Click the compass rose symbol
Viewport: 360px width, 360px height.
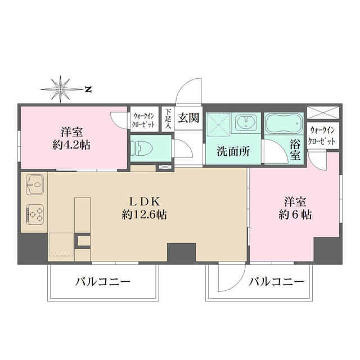[60, 88]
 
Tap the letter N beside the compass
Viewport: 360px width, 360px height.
[88, 88]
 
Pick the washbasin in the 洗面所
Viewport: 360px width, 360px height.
[245, 123]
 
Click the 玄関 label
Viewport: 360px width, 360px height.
[188, 118]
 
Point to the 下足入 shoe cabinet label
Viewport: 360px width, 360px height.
[168, 119]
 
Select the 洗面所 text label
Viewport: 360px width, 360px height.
[231, 151]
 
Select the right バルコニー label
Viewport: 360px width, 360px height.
[276, 281]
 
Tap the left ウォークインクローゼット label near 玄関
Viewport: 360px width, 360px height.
[145, 119]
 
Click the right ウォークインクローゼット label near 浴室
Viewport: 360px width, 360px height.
[323, 136]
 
